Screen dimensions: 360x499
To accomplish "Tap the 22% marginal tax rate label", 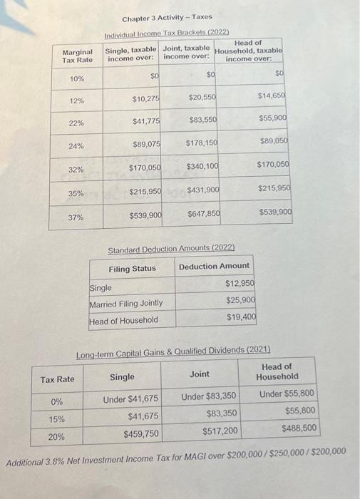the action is point(76,123).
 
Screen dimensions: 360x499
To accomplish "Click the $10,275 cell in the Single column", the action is point(145,98).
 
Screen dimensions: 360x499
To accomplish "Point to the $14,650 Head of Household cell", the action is point(271,94).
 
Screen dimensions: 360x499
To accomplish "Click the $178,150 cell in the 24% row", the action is point(200,143).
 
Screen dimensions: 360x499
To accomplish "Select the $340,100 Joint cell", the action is point(201,166).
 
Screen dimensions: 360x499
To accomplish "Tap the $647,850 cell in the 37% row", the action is point(203,214).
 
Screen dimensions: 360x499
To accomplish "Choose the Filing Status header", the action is point(132,269).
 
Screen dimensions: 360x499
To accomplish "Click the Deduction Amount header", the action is point(214,266).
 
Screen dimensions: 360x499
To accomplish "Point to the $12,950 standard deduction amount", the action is point(240,284).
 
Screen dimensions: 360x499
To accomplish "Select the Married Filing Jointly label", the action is point(125,304).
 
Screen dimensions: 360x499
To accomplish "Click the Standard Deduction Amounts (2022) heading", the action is point(170,250).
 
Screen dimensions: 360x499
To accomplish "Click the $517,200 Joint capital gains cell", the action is point(222,430).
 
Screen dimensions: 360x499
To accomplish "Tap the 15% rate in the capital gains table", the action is point(57,420).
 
